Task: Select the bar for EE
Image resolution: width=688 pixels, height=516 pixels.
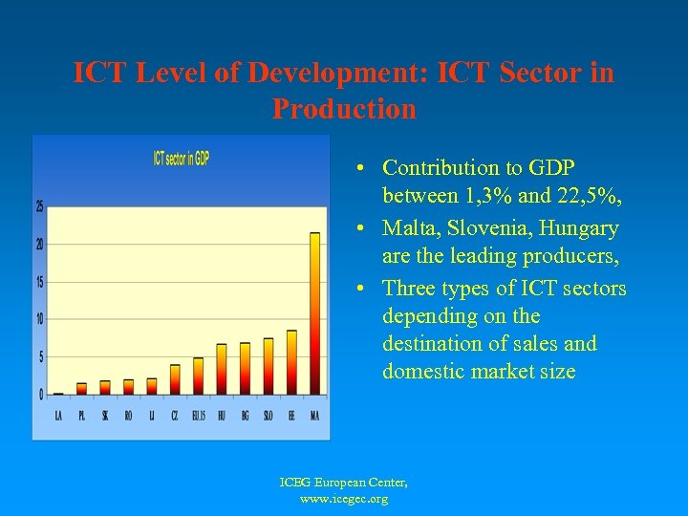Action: pyautogui.click(x=291, y=363)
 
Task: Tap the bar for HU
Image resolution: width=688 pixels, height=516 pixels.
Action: pyautogui.click(x=222, y=370)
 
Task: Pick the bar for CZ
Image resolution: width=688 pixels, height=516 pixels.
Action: pyautogui.click(x=175, y=379)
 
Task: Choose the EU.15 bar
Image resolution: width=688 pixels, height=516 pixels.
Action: pyautogui.click(x=199, y=376)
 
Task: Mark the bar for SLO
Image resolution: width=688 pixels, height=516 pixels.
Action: pyautogui.click(x=269, y=366)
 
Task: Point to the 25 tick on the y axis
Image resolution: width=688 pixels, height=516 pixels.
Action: pyautogui.click(x=39, y=206)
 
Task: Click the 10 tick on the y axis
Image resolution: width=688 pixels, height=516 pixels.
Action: pyautogui.click(x=39, y=319)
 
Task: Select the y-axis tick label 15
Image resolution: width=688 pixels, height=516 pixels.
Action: pyautogui.click(x=39, y=282)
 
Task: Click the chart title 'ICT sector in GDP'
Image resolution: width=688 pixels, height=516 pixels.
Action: pyautogui.click(x=182, y=159)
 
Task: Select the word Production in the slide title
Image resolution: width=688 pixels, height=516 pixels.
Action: pyautogui.click(x=344, y=109)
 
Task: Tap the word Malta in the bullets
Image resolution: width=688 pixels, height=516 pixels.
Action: pyautogui.click(x=411, y=228)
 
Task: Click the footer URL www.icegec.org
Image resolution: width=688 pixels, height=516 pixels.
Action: pyautogui.click(x=344, y=499)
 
